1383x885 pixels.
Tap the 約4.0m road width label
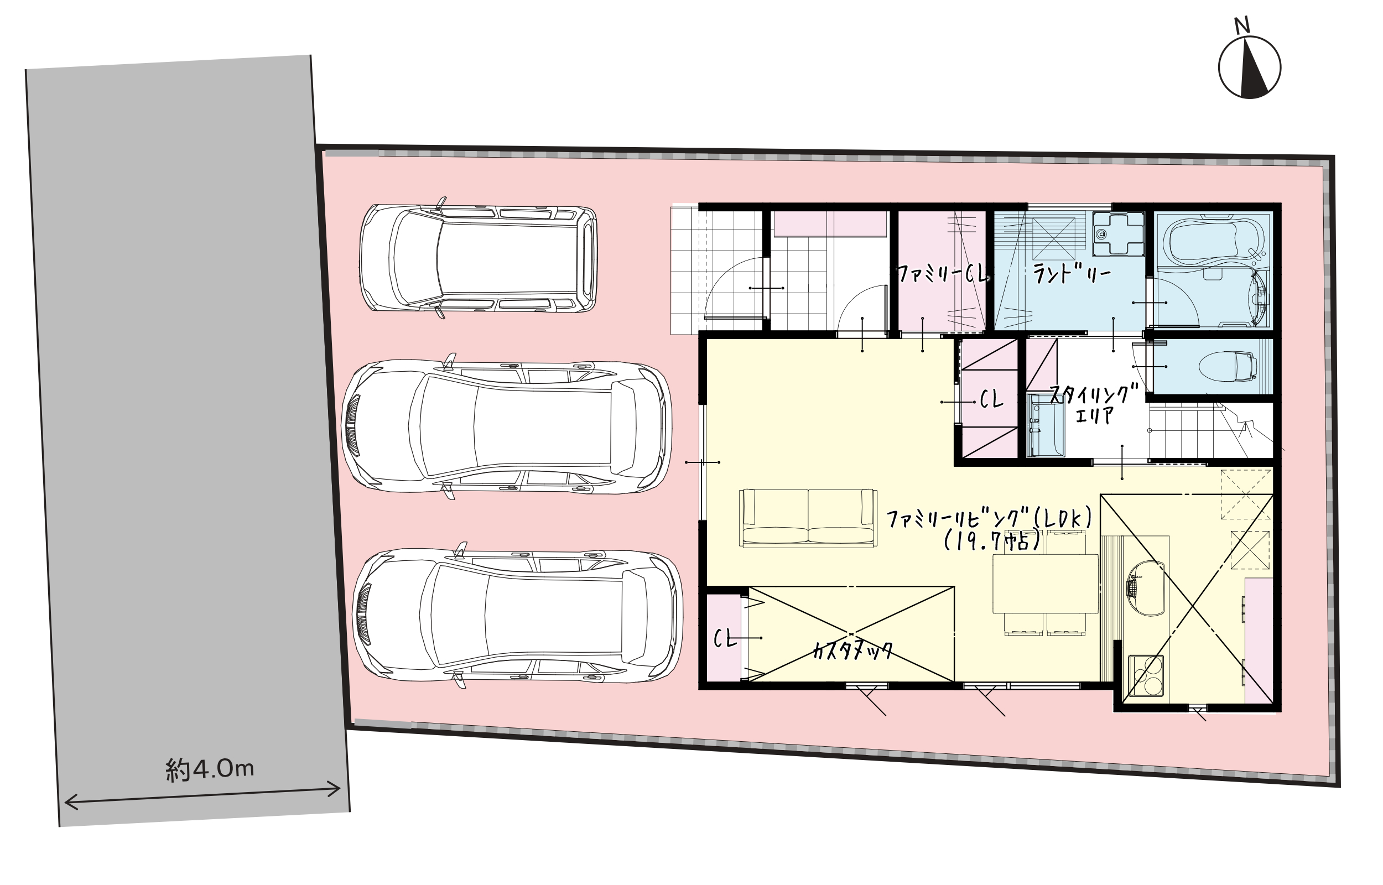pos(210,769)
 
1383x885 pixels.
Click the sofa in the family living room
pos(808,518)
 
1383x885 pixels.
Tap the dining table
pos(1046,584)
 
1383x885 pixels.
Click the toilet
pos(1226,367)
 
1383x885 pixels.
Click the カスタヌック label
pos(852,650)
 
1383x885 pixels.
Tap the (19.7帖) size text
pos(992,542)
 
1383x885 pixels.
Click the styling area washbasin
pos(1045,425)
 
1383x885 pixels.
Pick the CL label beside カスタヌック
pos(725,638)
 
